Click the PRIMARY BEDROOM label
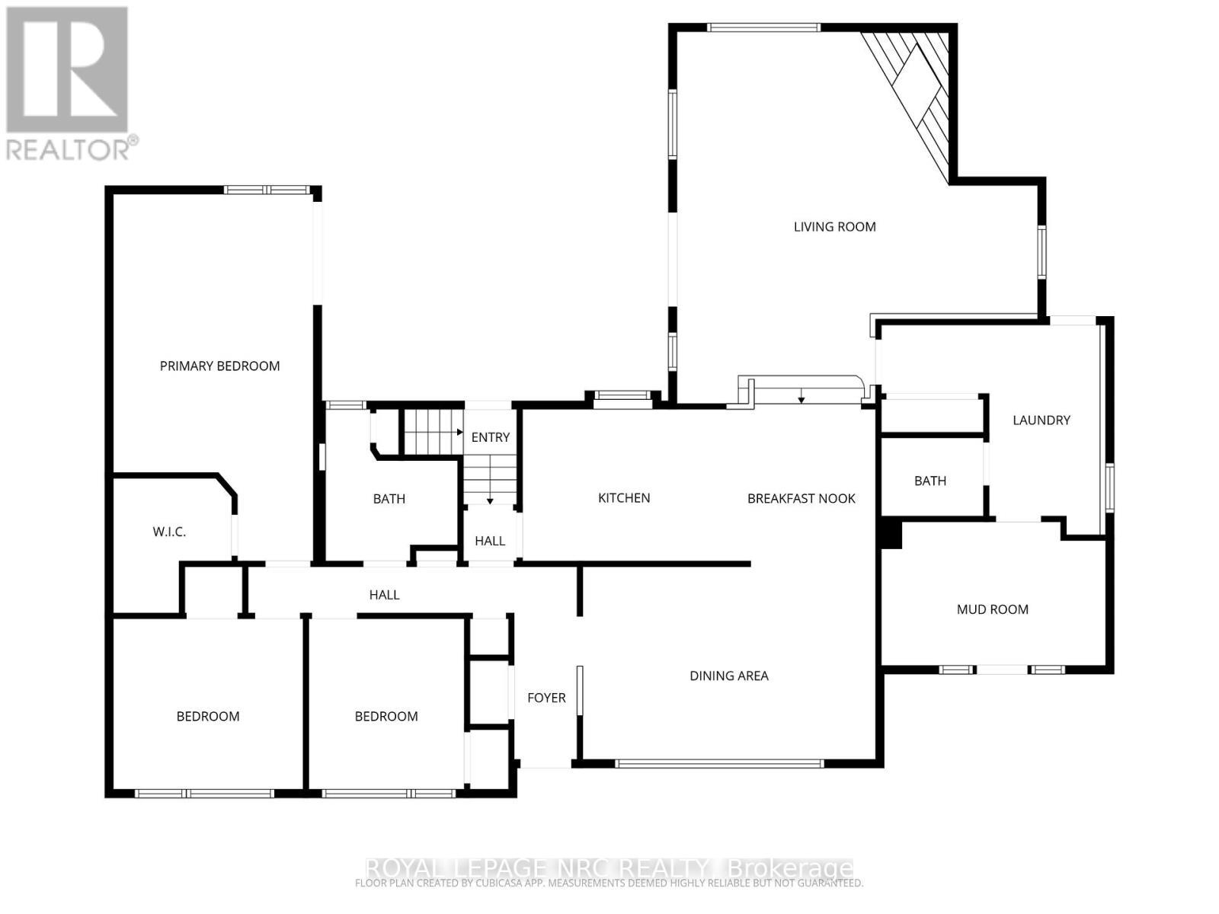click(219, 366)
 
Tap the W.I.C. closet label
click(169, 532)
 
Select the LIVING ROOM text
click(834, 227)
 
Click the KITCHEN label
click(624, 498)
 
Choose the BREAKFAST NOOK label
click(801, 499)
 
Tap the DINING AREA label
click(728, 676)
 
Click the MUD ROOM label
click(992, 609)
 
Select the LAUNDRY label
click(1041, 420)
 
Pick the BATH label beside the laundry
click(929, 481)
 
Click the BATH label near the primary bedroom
click(389, 500)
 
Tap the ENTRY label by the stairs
click(490, 437)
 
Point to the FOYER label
click(546, 698)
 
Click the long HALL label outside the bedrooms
click(384, 595)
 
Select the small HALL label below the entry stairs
click(489, 541)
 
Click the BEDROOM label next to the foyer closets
click(386, 717)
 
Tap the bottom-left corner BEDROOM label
click(208, 717)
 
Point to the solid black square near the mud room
click(890, 533)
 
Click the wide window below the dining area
click(718, 762)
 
